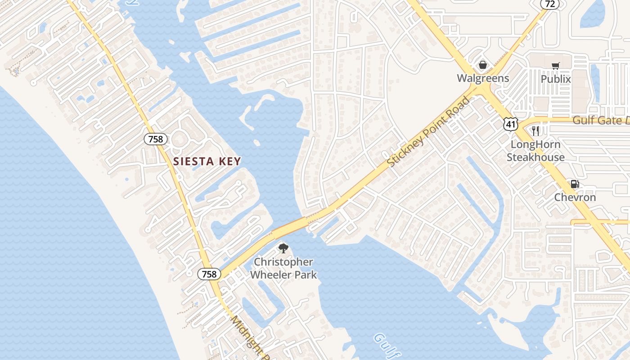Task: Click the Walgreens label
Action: point(483,78)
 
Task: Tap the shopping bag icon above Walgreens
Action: point(483,65)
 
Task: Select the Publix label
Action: point(555,79)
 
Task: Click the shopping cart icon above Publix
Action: point(555,66)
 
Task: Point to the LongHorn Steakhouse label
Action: point(535,151)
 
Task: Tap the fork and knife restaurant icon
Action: point(535,131)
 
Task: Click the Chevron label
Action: point(575,197)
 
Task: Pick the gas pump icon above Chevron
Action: point(575,184)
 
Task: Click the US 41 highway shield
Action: point(511,124)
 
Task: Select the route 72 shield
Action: point(550,4)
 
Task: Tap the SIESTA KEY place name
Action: point(207,161)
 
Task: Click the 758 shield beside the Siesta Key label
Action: point(156,139)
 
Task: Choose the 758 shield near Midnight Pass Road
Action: point(209,274)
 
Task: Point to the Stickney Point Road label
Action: point(428,132)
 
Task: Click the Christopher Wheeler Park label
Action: point(283,268)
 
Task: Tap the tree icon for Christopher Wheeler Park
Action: point(283,248)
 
